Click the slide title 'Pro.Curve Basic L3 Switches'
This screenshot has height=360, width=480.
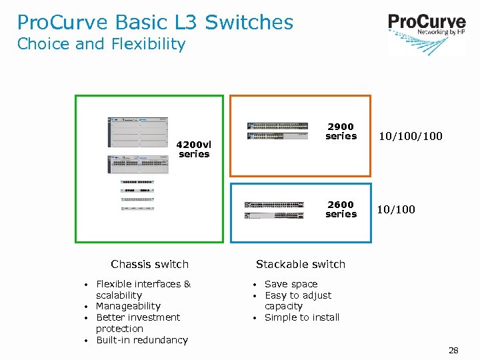coord(155,22)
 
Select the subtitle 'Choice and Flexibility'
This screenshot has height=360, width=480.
coord(101,45)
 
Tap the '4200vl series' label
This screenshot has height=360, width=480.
coord(194,149)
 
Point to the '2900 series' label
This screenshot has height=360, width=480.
coord(341,131)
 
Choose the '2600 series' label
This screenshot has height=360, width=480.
coord(341,209)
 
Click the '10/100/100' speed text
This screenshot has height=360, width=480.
coord(410,137)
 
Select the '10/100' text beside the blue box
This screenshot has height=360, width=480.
coord(396,210)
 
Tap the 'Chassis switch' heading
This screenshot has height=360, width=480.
coord(149,265)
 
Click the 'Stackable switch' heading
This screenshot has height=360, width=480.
coord(301,265)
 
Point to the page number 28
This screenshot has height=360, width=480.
coord(453,351)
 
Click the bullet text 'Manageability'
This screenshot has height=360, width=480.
coord(128,307)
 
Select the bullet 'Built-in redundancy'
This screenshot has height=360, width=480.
coord(141,340)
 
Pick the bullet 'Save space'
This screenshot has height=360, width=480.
coord(291,284)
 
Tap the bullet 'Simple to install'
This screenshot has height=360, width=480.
coord(302,318)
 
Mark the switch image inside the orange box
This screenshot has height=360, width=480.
coord(277,130)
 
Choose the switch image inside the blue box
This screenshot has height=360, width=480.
coord(275,209)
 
